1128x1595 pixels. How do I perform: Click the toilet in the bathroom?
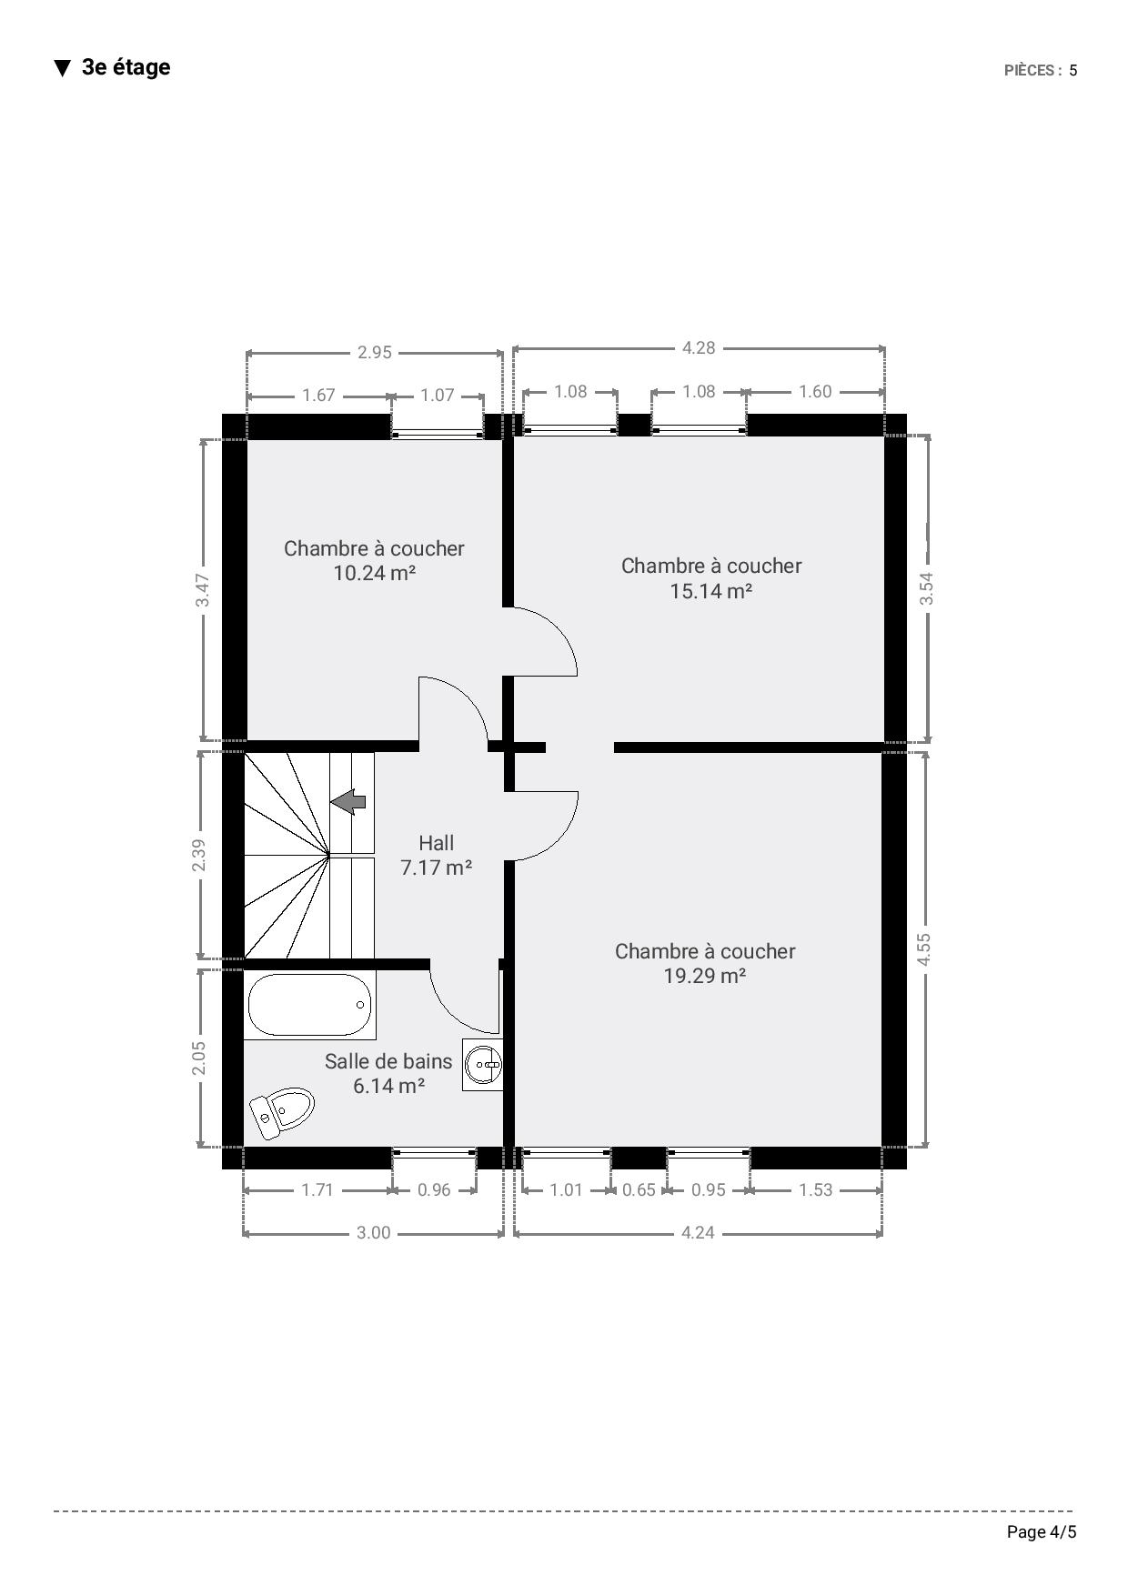(282, 1111)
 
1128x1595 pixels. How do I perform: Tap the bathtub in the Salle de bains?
(309, 1005)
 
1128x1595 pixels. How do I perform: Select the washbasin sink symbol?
(483, 1064)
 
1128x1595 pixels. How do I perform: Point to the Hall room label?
(437, 843)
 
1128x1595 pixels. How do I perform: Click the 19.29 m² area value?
(705, 976)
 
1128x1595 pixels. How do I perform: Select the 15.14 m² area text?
(710, 591)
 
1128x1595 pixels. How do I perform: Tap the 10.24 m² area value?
(375, 573)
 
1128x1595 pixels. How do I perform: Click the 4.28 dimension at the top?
(699, 347)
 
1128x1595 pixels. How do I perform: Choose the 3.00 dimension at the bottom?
(373, 1233)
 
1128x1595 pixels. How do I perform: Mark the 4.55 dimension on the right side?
(924, 949)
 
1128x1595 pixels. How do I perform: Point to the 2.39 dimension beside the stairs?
(199, 855)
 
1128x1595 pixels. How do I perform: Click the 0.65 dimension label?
(639, 1189)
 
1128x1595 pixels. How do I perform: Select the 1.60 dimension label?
(815, 391)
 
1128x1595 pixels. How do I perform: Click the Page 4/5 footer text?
(1042, 1532)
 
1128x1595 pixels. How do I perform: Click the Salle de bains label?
(388, 1061)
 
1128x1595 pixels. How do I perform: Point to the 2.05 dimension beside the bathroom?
(199, 1058)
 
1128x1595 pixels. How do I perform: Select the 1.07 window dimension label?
(438, 395)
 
